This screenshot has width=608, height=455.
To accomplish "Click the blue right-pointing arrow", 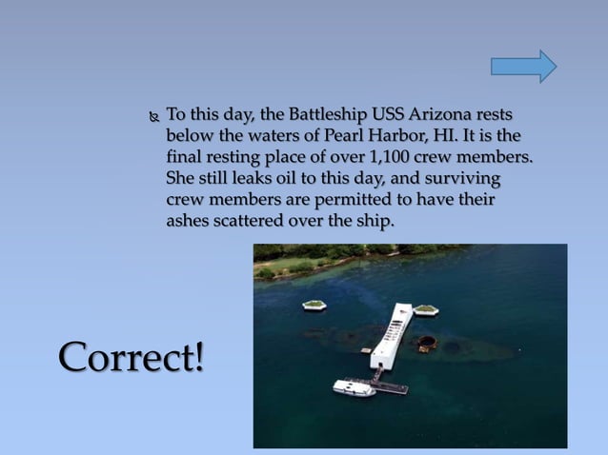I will click(x=523, y=66).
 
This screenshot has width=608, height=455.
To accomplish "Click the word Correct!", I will click(x=132, y=356).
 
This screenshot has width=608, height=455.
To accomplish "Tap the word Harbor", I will click(x=408, y=135).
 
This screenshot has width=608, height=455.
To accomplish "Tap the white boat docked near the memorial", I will click(x=354, y=387).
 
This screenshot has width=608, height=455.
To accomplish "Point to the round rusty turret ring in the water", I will click(x=428, y=343).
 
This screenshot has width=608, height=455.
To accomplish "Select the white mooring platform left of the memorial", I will click(x=314, y=305).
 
